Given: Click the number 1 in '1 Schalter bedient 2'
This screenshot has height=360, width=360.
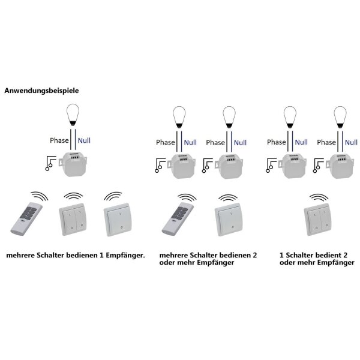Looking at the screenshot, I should click(x=281, y=254).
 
